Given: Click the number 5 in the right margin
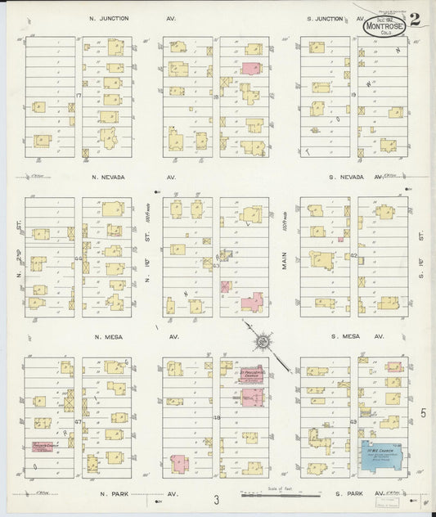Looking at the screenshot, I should (x=424, y=414).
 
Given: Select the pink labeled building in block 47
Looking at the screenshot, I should (x=47, y=447).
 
